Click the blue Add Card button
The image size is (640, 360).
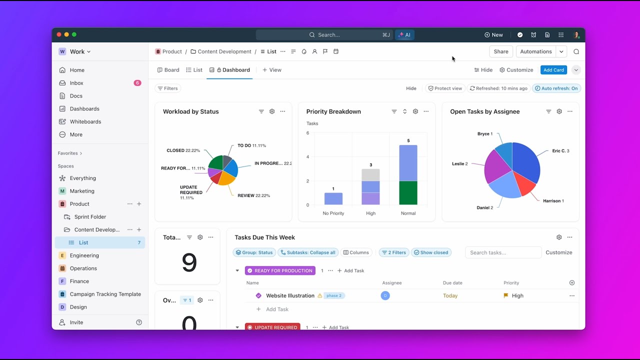pyautogui.click(x=553, y=70)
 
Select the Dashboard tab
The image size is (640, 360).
pyautogui.click(x=233, y=70)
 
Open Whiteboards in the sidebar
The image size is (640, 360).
pyautogui.click(x=85, y=121)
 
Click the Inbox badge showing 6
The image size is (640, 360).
pyautogui.click(x=137, y=83)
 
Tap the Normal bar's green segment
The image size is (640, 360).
pyautogui.click(x=408, y=193)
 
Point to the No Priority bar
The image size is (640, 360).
pyautogui.click(x=333, y=198)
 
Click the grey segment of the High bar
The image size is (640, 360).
pyautogui.click(x=370, y=175)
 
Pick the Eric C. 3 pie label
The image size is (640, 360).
pyautogui.click(x=560, y=150)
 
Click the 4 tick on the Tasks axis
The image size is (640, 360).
pyautogui.click(x=308, y=157)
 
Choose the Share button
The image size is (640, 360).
pyautogui.click(x=501, y=51)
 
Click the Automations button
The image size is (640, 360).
pyautogui.click(x=535, y=51)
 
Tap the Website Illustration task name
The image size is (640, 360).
pyautogui.click(x=290, y=295)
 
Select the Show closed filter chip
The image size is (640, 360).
pyautogui.click(x=431, y=252)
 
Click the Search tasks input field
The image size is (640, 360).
pyautogui.click(x=502, y=252)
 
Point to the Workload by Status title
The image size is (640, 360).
pyautogui.click(x=190, y=111)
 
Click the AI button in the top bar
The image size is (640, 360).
pyautogui.click(x=404, y=35)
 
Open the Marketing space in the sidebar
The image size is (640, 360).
pyautogui.click(x=82, y=191)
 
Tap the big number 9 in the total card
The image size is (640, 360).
pyautogui.click(x=189, y=262)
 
